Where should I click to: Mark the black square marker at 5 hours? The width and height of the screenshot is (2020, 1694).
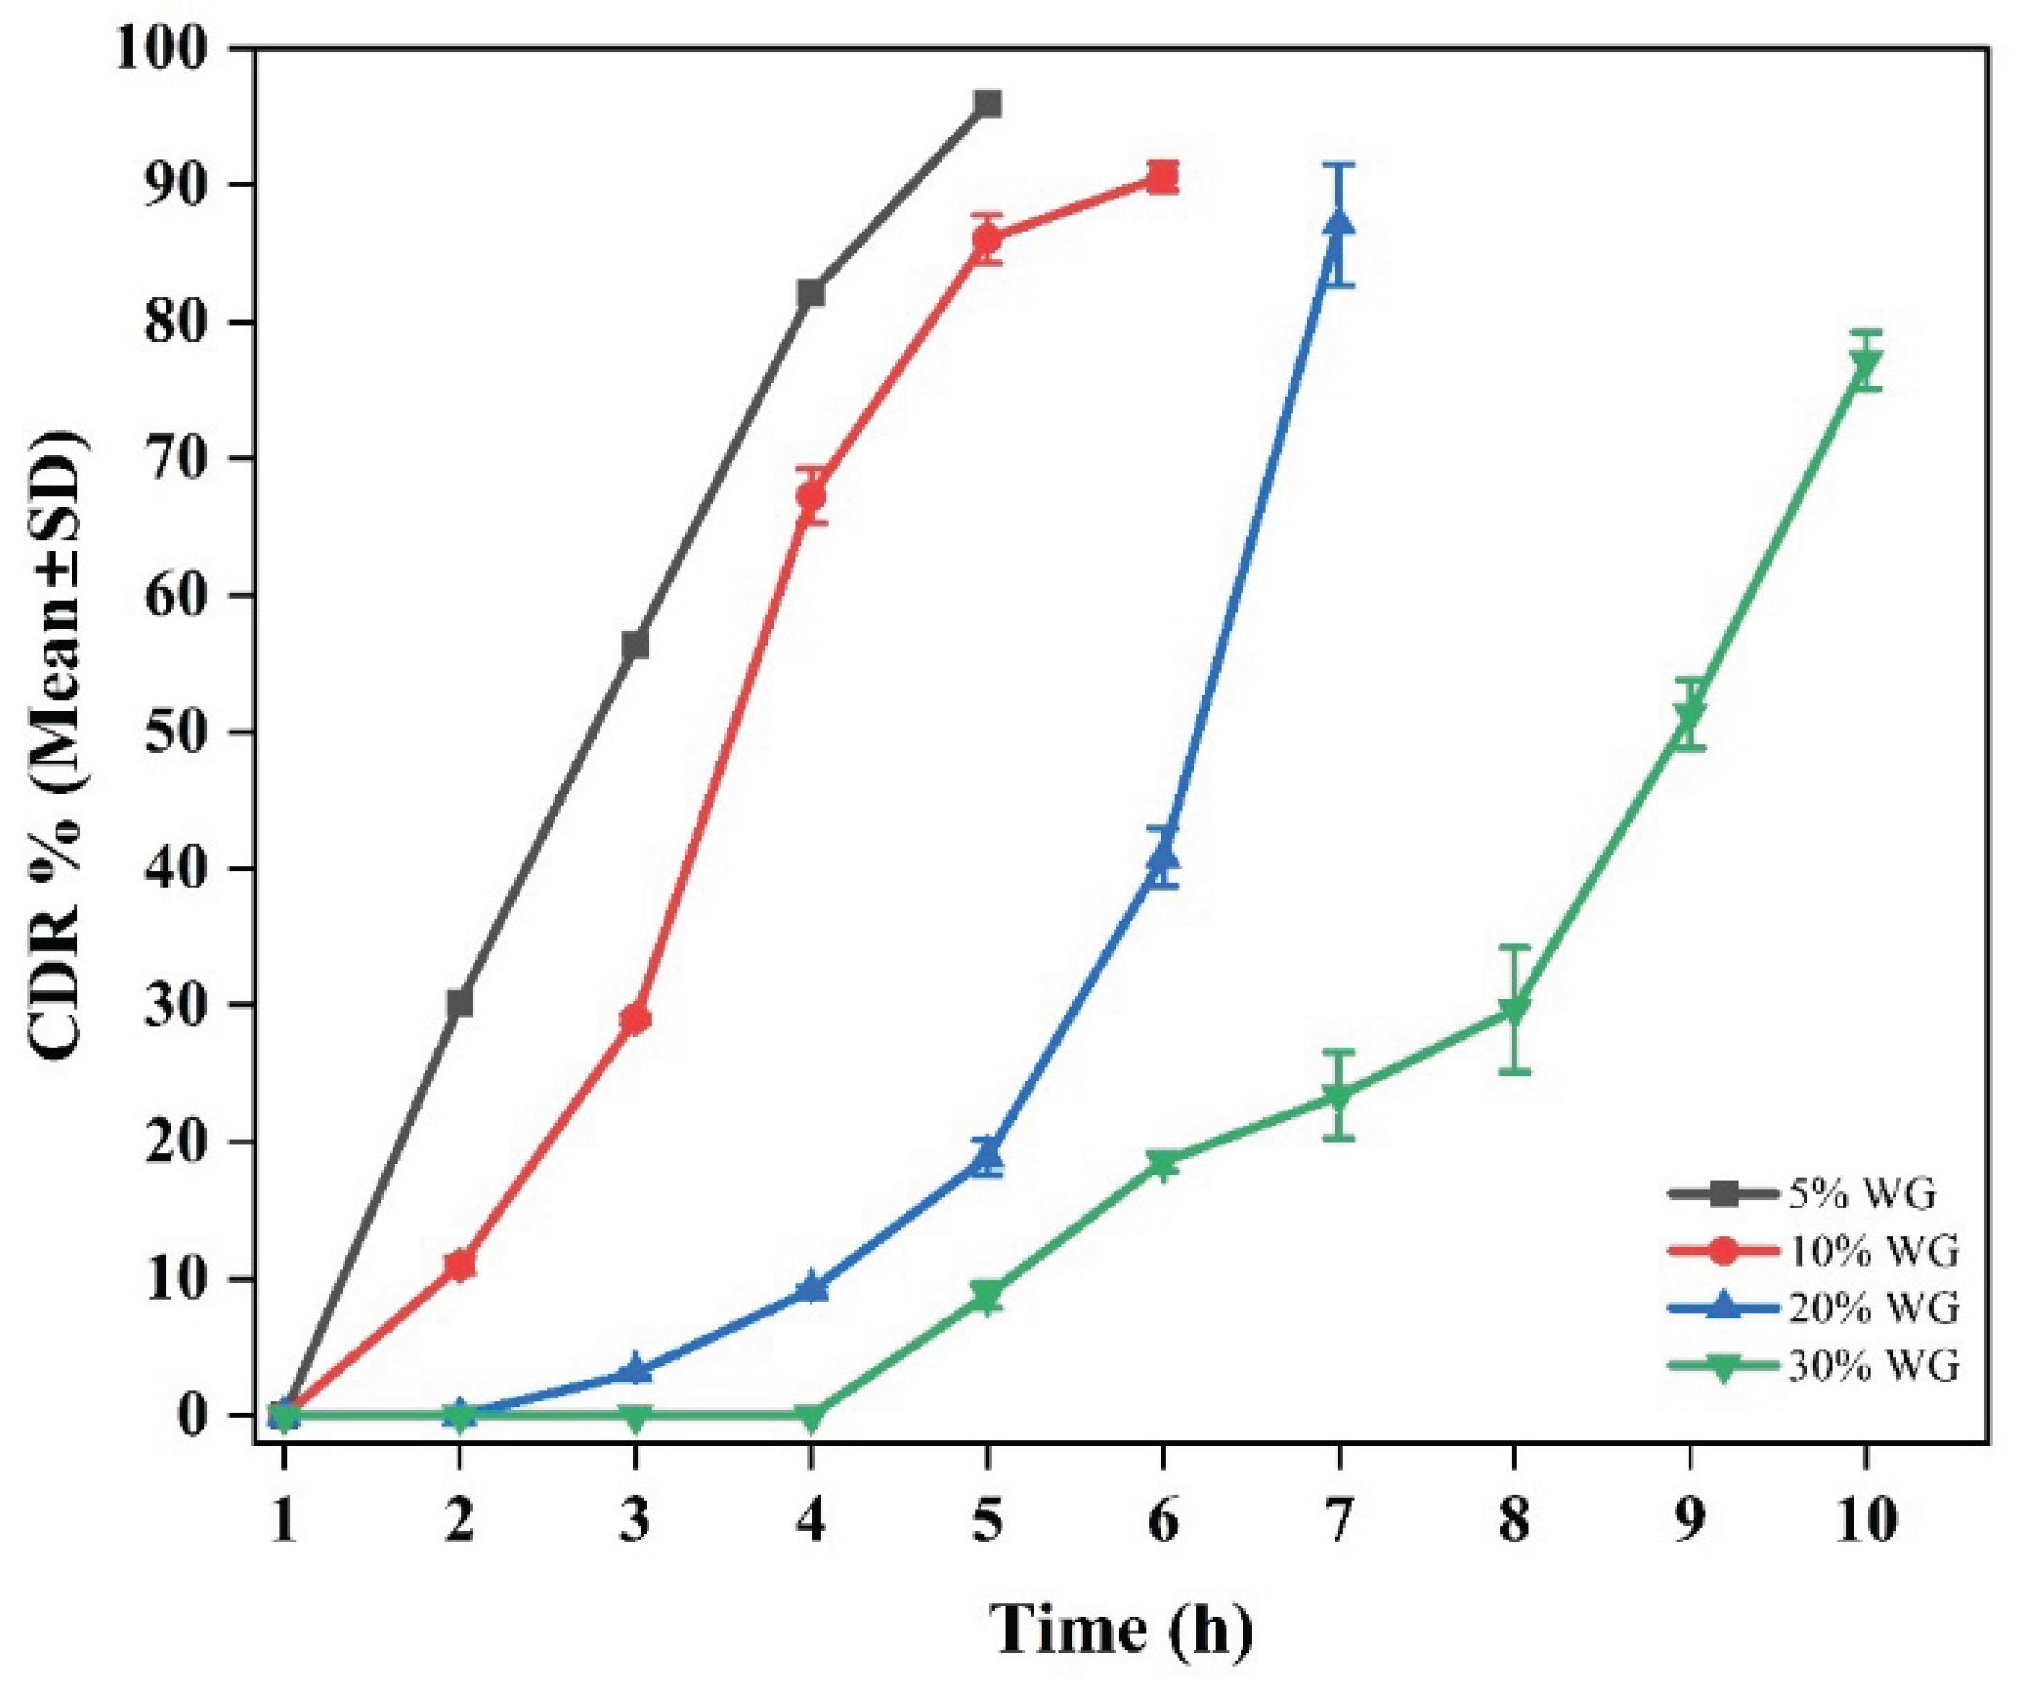(987, 104)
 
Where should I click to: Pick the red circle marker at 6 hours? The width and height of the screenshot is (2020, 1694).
(1162, 178)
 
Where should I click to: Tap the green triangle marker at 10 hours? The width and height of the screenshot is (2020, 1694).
(1866, 363)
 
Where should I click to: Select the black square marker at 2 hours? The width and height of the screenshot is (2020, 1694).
(459, 1003)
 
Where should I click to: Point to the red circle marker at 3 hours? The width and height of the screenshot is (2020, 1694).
(634, 1018)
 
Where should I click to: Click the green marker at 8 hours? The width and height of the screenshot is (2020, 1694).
(1514, 1011)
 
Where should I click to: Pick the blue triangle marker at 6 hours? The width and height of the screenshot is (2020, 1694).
(1162, 855)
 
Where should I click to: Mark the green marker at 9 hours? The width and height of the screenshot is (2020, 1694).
(1690, 715)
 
